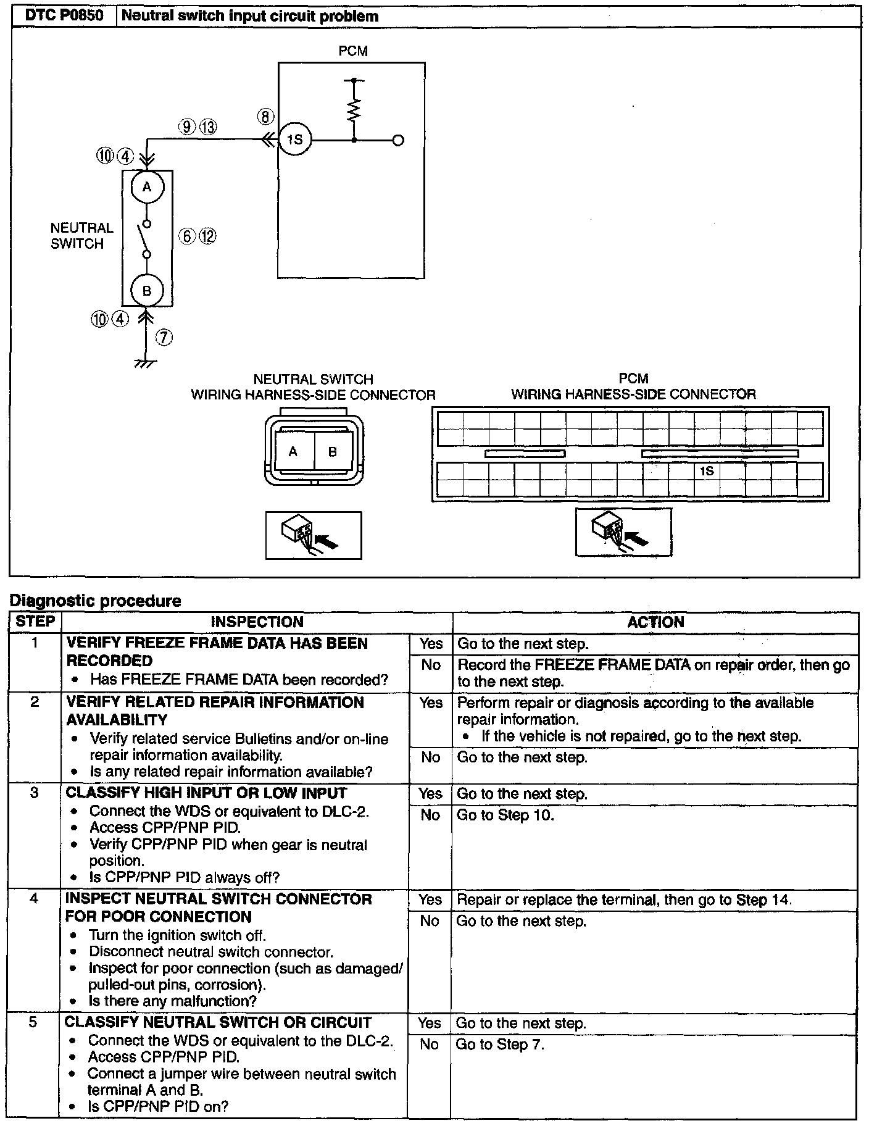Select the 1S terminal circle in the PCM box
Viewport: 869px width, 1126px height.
(295, 140)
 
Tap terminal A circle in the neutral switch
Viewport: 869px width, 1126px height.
(147, 187)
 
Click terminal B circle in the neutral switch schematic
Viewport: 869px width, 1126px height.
(147, 291)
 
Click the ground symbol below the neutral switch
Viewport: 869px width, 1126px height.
(146, 363)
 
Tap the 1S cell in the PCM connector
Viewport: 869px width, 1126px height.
(707, 471)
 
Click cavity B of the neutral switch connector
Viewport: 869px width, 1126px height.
(333, 452)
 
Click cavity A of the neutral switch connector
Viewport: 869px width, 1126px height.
(293, 452)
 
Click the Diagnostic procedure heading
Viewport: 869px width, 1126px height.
(96, 601)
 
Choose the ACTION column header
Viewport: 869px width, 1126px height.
(655, 622)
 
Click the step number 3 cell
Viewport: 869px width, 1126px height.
(35, 792)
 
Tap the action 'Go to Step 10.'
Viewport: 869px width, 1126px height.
(505, 815)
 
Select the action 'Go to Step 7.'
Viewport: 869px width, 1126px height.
(500, 1045)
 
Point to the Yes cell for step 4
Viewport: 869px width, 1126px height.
(430, 899)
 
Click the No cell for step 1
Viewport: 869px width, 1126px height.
(431, 665)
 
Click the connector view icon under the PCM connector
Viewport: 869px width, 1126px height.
(623, 532)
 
